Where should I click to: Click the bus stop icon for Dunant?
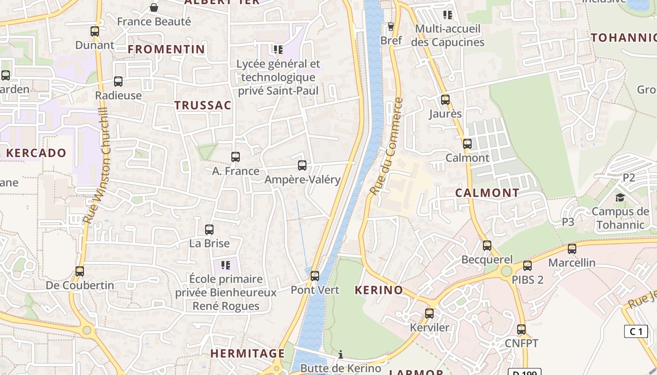[95, 31]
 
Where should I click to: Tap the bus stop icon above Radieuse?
[118, 82]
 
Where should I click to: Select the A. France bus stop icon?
[236, 157]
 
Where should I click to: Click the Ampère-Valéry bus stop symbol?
[302, 165]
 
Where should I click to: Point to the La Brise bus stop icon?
[209, 230]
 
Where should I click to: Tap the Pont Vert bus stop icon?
[315, 276]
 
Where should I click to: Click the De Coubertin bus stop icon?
[80, 271]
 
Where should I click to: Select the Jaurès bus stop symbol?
[445, 100]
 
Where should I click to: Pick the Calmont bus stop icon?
[467, 144]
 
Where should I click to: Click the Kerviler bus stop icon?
[429, 314]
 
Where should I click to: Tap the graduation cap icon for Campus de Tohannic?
[620, 197]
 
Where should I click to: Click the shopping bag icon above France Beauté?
[153, 7]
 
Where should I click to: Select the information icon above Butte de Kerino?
[341, 354]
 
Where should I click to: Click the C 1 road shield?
[636, 331]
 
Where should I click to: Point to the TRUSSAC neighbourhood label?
[203, 105]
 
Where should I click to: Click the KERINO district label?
[379, 290]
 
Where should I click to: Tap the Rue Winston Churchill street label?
[96, 166]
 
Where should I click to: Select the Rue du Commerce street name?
[386, 146]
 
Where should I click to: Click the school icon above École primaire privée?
[226, 265]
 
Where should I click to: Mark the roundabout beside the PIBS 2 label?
[506, 271]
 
